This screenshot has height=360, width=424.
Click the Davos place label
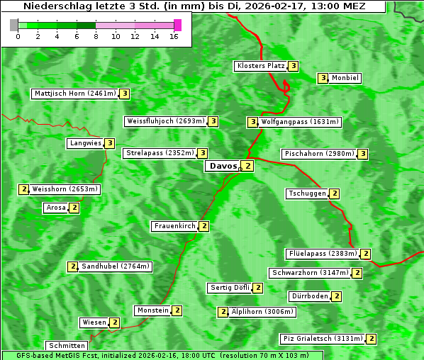click(x=223, y=167)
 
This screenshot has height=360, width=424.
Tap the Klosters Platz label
click(x=260, y=66)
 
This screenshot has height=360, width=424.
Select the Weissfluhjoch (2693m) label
click(x=166, y=121)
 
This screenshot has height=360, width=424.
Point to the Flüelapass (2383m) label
click(x=322, y=254)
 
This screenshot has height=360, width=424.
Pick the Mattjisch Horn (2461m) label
click(x=75, y=93)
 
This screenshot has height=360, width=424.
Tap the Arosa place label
click(x=56, y=208)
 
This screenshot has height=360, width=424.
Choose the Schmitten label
click(x=66, y=346)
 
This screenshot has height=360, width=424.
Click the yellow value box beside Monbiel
click(x=323, y=78)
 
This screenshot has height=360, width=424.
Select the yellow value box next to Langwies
click(x=110, y=143)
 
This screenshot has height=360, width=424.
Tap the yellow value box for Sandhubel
click(x=72, y=266)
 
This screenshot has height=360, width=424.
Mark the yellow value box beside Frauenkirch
click(x=204, y=226)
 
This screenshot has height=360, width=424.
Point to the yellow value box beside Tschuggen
click(x=335, y=193)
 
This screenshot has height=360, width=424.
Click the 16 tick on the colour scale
click(x=174, y=36)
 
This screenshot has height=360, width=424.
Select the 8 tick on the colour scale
click(x=96, y=36)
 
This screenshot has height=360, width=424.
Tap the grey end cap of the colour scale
click(x=14, y=25)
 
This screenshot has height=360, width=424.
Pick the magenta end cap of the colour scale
click(x=177, y=25)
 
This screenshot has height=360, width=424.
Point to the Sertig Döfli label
click(x=230, y=288)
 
